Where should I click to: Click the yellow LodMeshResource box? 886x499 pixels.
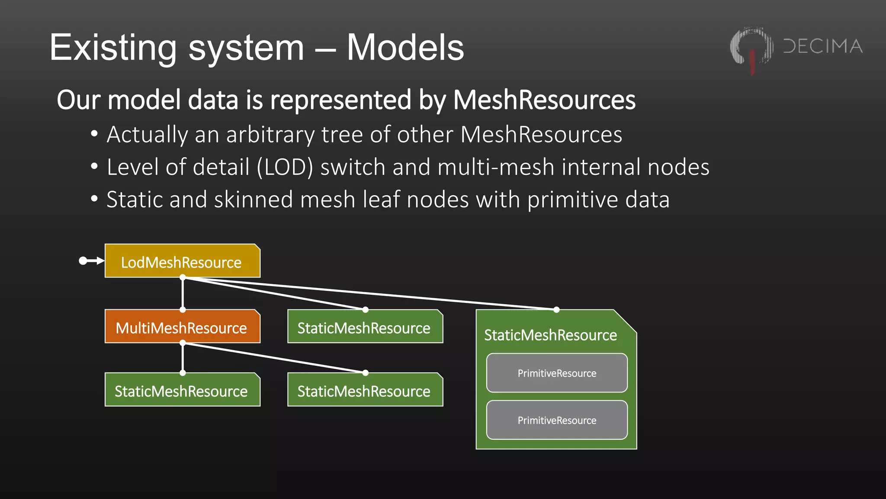tap(182, 261)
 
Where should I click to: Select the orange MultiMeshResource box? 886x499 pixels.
tap(182, 327)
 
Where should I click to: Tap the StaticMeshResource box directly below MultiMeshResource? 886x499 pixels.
tap(182, 390)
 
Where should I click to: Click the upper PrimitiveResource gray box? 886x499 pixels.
tap(556, 373)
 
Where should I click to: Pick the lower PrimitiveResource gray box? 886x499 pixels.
tap(556, 420)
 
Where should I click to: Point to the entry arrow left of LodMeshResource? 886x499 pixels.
tap(91, 261)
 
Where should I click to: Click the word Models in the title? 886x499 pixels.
tap(405, 48)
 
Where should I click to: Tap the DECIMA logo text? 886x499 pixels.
tap(823, 46)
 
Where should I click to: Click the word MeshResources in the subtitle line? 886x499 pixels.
tap(544, 100)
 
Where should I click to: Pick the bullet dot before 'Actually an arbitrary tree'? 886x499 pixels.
tap(94, 134)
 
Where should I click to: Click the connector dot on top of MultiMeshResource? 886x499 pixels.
tap(183, 310)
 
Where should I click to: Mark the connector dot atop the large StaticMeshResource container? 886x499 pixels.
tap(556, 310)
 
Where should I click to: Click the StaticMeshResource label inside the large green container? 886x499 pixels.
tap(550, 335)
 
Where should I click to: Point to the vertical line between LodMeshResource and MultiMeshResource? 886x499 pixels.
tap(183, 294)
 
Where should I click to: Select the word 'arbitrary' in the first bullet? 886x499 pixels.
tap(270, 135)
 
